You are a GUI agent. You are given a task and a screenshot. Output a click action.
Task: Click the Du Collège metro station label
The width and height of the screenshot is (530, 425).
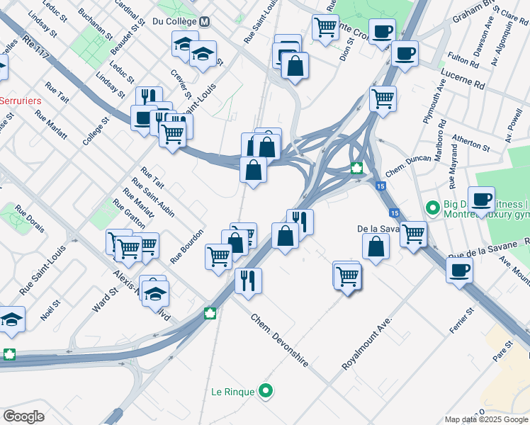(175, 21)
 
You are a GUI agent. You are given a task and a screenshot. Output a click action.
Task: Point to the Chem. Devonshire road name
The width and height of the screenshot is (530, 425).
(280, 340)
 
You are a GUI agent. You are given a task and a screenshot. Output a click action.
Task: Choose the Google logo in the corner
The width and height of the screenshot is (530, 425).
(23, 416)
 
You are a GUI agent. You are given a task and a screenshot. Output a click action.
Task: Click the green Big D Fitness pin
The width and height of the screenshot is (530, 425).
(432, 208)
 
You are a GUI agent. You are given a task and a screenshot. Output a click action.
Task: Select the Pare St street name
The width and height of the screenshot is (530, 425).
(503, 348)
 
